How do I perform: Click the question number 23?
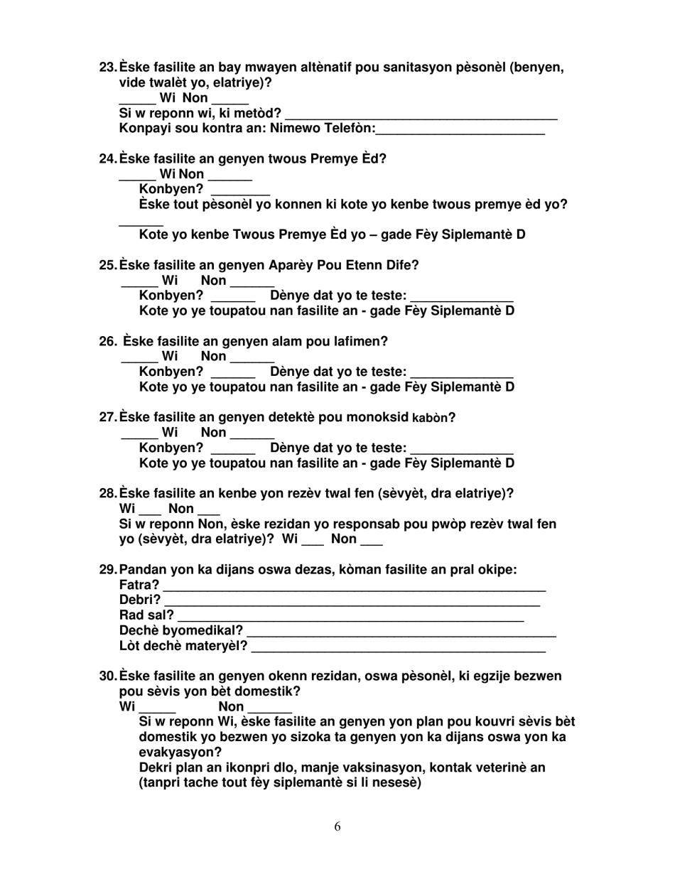(x=107, y=68)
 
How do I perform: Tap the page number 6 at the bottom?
(x=337, y=826)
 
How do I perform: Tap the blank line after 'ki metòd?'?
(x=421, y=115)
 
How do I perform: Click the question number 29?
(x=107, y=570)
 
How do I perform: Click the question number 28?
(x=107, y=493)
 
